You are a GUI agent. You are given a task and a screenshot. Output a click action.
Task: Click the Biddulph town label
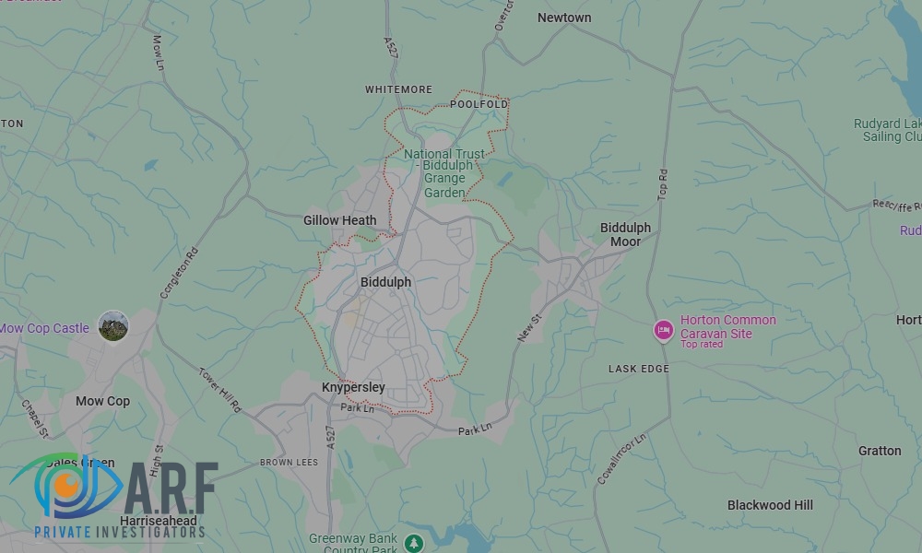click(385, 282)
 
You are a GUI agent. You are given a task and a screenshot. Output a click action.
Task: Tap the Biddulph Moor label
click(625, 234)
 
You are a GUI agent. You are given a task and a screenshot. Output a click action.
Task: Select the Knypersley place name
click(353, 387)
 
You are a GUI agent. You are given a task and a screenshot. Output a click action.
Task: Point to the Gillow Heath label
click(340, 220)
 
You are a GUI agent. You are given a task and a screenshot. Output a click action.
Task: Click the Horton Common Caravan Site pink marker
click(663, 330)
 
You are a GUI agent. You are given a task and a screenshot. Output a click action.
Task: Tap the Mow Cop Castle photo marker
click(113, 326)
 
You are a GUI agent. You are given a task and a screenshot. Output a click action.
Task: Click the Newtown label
click(564, 18)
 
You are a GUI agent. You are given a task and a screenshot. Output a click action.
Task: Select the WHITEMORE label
click(398, 89)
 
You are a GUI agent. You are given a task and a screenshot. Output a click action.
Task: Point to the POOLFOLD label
click(479, 105)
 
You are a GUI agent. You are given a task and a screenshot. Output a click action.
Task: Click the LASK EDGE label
click(639, 369)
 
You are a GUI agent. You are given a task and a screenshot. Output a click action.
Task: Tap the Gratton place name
click(880, 451)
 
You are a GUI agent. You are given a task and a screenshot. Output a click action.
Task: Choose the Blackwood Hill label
click(770, 505)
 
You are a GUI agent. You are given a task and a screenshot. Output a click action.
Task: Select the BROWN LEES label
click(289, 463)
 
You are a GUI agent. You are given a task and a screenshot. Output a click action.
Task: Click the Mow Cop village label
click(102, 401)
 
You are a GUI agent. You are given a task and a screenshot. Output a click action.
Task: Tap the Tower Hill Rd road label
click(219, 390)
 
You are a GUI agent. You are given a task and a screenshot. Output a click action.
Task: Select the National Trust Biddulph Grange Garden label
click(443, 173)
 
